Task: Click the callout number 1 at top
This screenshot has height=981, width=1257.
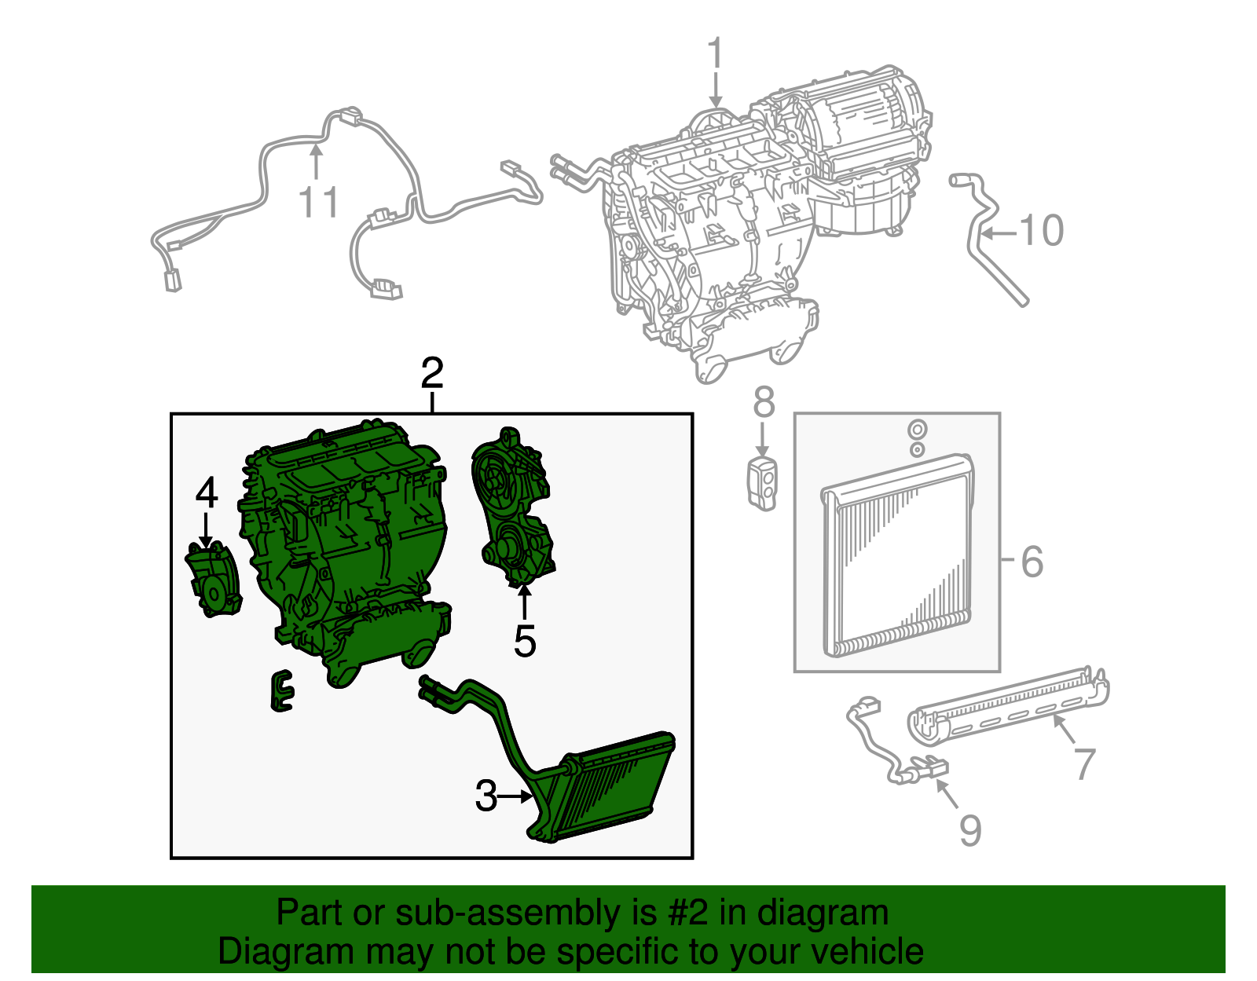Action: [x=714, y=53]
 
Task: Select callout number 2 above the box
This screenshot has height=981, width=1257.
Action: [x=432, y=374]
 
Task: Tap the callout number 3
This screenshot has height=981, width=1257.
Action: [x=486, y=796]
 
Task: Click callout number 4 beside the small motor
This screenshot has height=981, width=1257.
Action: [x=206, y=493]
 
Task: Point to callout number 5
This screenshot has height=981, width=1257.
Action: [x=525, y=642]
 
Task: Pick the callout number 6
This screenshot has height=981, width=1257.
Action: [x=1032, y=562]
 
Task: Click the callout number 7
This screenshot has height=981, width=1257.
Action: [x=1085, y=763]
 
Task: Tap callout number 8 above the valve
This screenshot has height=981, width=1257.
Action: [x=763, y=403]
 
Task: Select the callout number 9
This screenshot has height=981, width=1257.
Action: [x=970, y=830]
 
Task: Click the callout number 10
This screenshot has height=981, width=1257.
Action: [x=1041, y=231]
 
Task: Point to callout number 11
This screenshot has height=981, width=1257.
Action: [x=319, y=203]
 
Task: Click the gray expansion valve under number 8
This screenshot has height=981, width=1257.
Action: [x=762, y=481]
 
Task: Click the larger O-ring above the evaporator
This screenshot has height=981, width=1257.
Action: [x=916, y=430]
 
